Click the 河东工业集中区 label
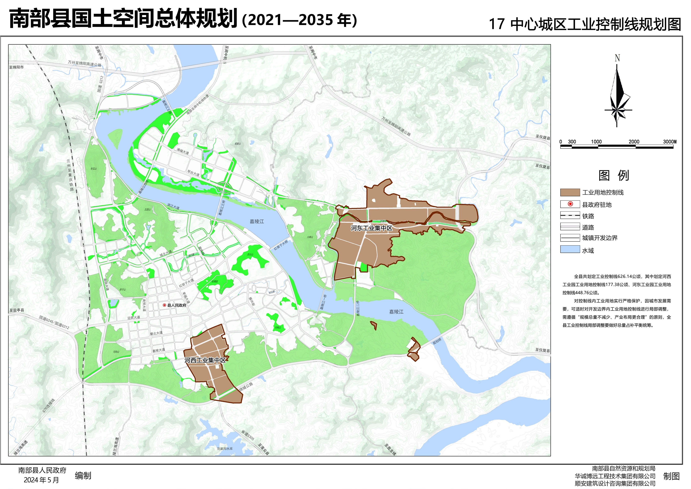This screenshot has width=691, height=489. point(371,228)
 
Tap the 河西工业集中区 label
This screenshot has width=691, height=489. point(205,360)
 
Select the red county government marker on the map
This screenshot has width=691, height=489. point(164,305)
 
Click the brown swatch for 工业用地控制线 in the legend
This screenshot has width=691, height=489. point(570,192)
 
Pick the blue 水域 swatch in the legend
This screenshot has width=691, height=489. point(570,249)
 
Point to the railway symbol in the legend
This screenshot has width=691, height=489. point(570,215)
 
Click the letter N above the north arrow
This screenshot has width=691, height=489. point(617,58)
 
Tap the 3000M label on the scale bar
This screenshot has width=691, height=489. point(670,141)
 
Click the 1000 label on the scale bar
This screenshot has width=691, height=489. point(596,141)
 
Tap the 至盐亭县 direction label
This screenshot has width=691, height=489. point(17,310)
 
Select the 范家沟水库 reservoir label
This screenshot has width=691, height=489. point(225,448)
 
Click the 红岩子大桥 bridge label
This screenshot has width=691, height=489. point(281,245)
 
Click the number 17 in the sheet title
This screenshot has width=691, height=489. point(496,24)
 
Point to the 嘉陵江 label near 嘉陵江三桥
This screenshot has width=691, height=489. point(257,221)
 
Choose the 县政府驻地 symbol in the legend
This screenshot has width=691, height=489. point(570,204)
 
